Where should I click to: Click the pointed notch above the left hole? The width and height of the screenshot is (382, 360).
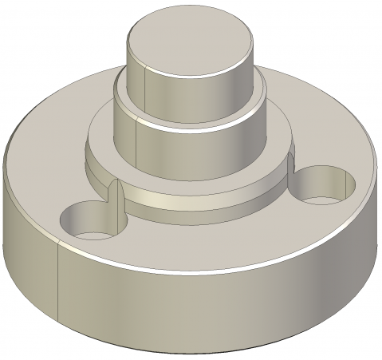[116, 192]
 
